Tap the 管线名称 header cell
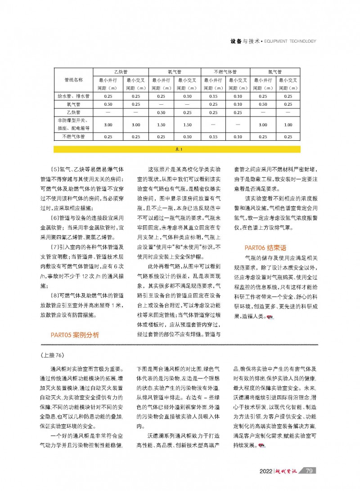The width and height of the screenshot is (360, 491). coord(73,80)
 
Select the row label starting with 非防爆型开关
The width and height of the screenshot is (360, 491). coord(73,124)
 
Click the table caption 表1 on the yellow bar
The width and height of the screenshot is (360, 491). coord(178,148)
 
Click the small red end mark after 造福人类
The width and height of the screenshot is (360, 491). coord(270,318)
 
